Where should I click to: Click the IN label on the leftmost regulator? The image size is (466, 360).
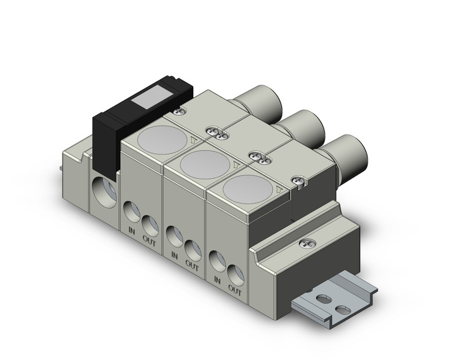point(131,231)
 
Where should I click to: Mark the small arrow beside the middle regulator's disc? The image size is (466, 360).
point(237,164)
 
